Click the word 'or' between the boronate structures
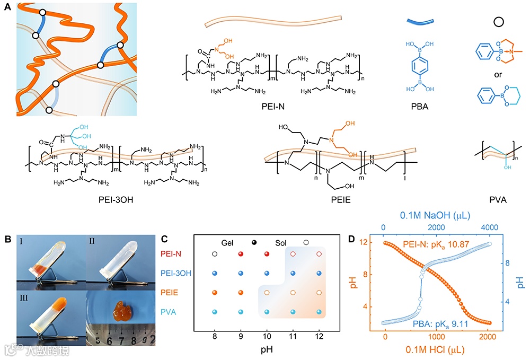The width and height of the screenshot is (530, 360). (x=498, y=74)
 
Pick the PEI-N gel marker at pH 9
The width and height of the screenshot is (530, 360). (x=241, y=254)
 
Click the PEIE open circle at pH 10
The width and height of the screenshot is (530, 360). (x=267, y=292)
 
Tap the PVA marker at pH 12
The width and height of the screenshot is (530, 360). (x=319, y=312)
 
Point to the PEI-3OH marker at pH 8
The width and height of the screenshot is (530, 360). (x=214, y=274)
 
